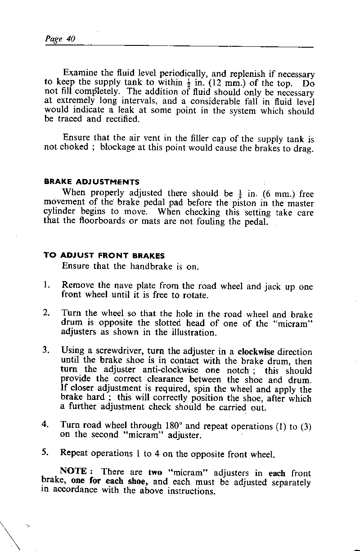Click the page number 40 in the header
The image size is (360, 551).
[70, 39]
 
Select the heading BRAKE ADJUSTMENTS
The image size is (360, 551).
[91, 182]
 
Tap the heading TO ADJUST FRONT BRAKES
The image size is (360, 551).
[104, 255]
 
